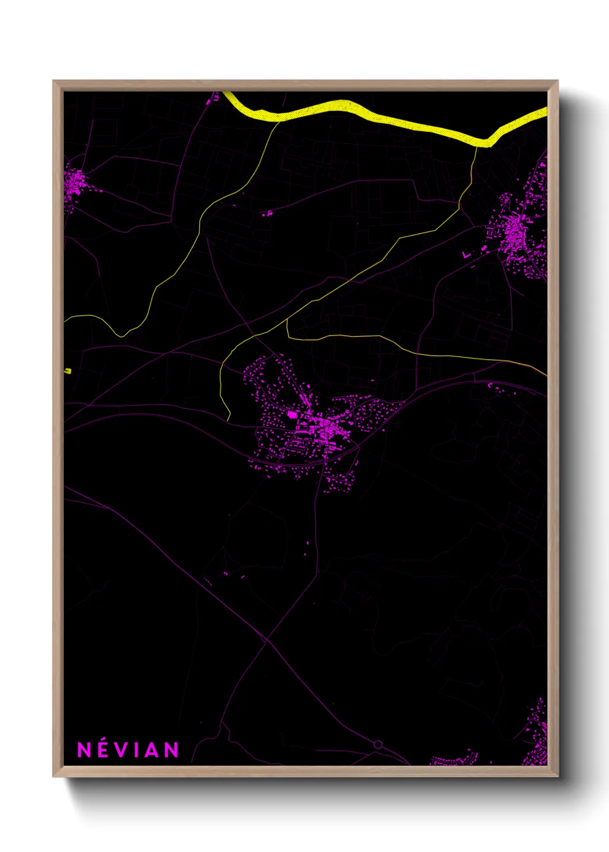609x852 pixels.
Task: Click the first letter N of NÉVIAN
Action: click(x=84, y=750)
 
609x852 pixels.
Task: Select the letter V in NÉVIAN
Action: click(x=120, y=750)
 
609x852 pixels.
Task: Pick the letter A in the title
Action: click(x=150, y=750)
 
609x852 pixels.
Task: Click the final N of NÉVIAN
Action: click(x=171, y=750)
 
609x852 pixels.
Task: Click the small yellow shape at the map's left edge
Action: click(x=67, y=371)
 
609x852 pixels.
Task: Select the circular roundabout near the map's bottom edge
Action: click(x=378, y=744)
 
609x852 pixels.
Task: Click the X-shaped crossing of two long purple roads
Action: click(x=265, y=640)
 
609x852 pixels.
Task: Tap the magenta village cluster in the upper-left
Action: click(x=74, y=185)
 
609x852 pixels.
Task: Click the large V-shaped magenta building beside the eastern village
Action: click(x=467, y=254)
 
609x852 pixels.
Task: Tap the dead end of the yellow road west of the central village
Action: click(x=229, y=420)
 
